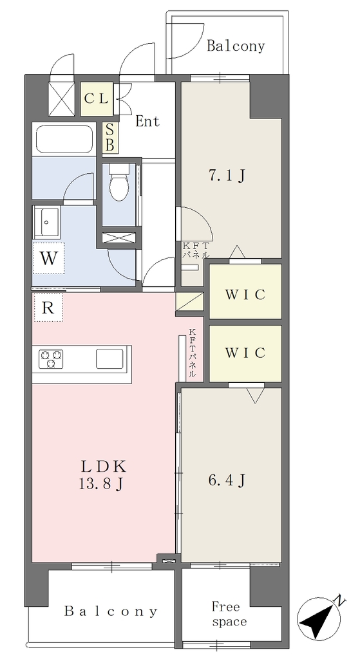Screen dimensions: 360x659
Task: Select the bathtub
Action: coord(64,139)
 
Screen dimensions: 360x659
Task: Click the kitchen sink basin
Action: coord(109,358)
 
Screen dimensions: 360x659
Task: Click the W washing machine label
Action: coord(49,258)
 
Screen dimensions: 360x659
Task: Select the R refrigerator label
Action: coord(48,308)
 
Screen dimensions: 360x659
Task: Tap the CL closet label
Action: coord(97,99)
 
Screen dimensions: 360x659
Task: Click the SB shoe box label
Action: coord(109,138)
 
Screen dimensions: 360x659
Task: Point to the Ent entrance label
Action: coord(147,122)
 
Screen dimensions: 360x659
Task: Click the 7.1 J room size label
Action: coord(227,176)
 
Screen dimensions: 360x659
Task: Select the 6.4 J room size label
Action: coord(227,479)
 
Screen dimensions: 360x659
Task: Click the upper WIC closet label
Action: coord(245,295)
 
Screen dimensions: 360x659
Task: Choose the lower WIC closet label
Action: coord(245,352)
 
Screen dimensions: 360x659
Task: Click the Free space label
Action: coord(229,614)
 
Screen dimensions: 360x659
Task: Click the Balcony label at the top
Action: coord(236,46)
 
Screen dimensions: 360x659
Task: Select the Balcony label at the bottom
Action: coord(111,611)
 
